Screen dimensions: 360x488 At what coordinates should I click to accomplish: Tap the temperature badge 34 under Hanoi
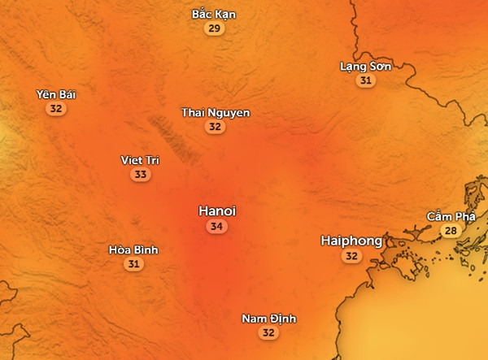click(216, 227)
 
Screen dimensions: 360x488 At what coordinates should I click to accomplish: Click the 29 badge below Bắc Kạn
click(215, 29)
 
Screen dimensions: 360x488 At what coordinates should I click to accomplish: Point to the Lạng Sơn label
click(365, 66)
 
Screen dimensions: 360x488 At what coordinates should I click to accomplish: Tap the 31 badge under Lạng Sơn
click(366, 80)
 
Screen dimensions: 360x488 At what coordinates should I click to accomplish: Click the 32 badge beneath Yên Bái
click(55, 109)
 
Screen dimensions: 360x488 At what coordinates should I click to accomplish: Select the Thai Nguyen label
click(216, 112)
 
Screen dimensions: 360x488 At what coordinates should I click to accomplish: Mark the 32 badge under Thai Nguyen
click(215, 127)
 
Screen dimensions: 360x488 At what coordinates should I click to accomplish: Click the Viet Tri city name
click(140, 160)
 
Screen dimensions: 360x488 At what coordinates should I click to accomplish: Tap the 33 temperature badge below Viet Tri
click(140, 175)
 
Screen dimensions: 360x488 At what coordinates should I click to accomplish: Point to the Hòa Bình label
click(133, 249)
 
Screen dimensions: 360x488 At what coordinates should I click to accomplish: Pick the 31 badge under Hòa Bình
click(133, 264)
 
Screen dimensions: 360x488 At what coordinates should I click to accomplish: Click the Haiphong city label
click(351, 241)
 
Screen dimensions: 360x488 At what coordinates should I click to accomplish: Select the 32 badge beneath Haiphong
click(351, 256)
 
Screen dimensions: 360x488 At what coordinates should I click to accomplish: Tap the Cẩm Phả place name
click(451, 216)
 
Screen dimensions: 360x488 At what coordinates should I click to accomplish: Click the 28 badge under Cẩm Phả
click(450, 231)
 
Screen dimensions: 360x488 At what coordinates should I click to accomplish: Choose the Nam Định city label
click(269, 318)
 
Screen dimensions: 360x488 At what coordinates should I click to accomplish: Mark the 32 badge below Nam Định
click(269, 332)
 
